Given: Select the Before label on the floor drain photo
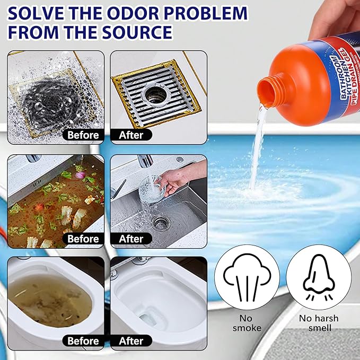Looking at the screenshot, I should [83, 135].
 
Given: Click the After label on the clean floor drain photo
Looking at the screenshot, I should [131, 135].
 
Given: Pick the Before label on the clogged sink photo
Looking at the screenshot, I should [83, 239].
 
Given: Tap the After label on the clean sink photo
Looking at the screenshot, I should [131, 239].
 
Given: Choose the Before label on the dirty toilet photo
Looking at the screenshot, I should [83, 341].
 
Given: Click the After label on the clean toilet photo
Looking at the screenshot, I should [131, 341].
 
